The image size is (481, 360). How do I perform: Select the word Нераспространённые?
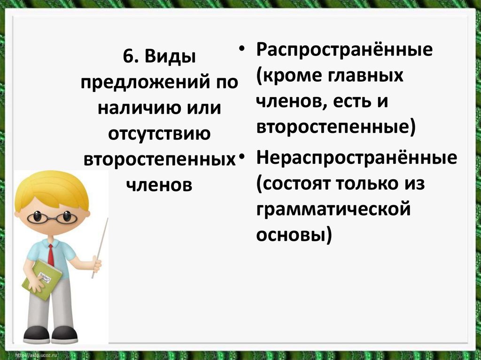click(x=357, y=158)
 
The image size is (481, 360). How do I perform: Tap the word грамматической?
click(x=334, y=209)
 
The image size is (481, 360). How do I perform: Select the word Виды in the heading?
click(x=169, y=58)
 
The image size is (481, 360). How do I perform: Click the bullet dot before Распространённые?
click(x=242, y=49)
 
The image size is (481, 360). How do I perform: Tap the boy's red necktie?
click(x=51, y=255)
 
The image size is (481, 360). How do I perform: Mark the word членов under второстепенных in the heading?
click(x=159, y=184)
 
